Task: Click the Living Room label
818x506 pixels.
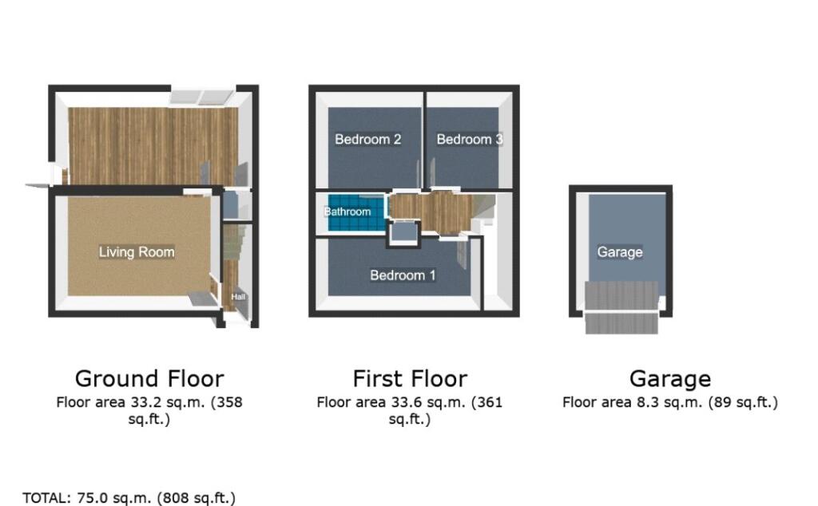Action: click(x=137, y=252)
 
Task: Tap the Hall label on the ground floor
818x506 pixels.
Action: click(x=238, y=297)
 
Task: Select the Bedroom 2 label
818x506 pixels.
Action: click(x=367, y=139)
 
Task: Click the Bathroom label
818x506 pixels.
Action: click(x=347, y=211)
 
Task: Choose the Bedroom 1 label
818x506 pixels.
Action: click(x=403, y=275)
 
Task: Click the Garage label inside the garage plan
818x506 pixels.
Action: click(x=620, y=252)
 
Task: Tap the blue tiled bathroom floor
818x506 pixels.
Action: click(x=356, y=212)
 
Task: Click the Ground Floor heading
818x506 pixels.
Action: click(x=149, y=379)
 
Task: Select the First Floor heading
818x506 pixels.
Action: click(x=410, y=379)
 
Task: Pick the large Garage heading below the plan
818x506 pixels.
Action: click(x=670, y=379)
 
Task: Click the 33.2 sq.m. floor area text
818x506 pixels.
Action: click(x=149, y=411)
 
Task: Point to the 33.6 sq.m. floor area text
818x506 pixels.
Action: click(x=410, y=411)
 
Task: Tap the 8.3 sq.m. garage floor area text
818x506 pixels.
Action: click(x=670, y=403)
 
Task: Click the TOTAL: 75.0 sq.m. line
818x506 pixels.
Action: click(x=129, y=498)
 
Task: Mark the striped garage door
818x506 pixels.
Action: click(x=621, y=307)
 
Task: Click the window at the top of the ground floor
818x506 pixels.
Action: click(x=201, y=97)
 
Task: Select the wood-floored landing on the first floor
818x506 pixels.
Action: click(x=431, y=211)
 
